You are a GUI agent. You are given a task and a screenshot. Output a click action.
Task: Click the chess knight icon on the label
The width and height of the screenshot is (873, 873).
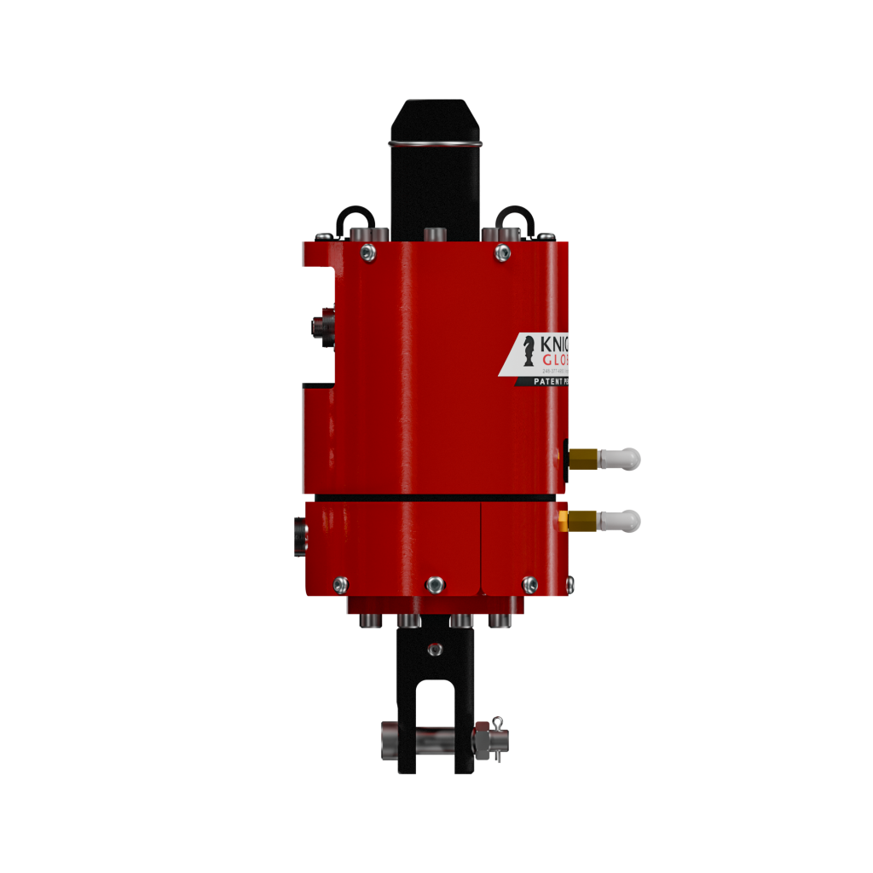coord(529,349)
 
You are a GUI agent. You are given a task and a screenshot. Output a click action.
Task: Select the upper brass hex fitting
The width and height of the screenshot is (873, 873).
coord(583,460)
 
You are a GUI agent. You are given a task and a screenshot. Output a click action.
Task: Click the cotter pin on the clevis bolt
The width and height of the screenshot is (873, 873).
coord(499,726)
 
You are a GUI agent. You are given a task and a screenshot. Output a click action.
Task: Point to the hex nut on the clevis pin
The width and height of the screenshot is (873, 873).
coord(483,739)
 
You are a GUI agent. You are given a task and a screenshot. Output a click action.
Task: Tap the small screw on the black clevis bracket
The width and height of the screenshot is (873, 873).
coord(435,650)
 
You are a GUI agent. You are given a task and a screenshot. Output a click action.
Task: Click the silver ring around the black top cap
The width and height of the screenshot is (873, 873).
coord(435,142)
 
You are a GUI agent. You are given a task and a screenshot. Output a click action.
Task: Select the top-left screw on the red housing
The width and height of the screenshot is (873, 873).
coord(367,251)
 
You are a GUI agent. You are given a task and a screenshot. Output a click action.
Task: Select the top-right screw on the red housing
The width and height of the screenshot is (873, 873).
coord(503,252)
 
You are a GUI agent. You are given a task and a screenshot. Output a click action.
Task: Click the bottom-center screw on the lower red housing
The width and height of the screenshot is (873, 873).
coord(435,584)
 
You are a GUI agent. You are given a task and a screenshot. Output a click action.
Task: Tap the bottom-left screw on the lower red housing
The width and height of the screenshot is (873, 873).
coord(340,584)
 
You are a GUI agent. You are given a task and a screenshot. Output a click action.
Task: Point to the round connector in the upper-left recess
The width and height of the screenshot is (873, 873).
coord(321,325)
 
